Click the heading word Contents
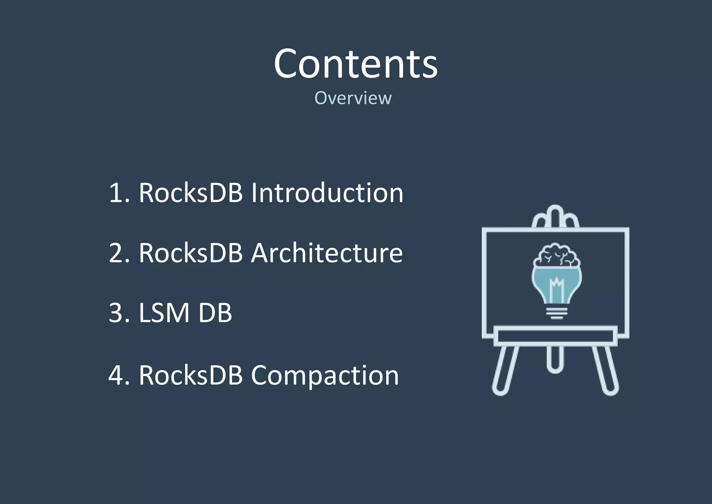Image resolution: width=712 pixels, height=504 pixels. (355, 64)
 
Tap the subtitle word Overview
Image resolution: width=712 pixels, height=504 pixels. (353, 98)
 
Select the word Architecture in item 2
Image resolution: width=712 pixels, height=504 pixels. (327, 253)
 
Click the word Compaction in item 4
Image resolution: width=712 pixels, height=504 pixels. (325, 376)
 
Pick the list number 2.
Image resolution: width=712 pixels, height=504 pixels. (116, 253)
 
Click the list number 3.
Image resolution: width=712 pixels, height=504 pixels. (116, 313)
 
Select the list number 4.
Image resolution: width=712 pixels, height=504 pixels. (116, 376)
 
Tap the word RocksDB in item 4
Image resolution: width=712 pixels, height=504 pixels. (191, 376)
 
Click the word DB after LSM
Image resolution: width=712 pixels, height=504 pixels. (215, 313)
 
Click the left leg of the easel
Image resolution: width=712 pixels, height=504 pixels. (504, 371)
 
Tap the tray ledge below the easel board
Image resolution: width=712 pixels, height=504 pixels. (555, 336)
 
